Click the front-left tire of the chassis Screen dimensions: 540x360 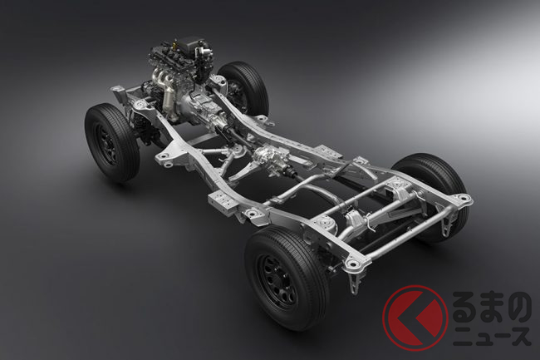click(112, 142)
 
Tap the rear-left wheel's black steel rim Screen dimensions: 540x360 click(277, 282)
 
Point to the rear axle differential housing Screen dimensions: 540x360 click(355, 219)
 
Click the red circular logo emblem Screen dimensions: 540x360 click(415, 318)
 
